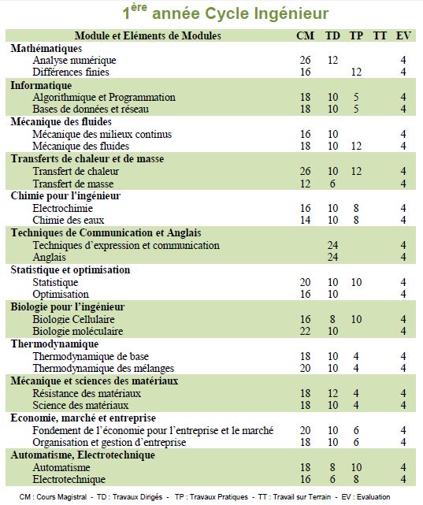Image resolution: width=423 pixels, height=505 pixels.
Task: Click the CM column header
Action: pyautogui.click(x=305, y=35)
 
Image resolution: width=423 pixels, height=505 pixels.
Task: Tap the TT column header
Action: pyautogui.click(x=380, y=35)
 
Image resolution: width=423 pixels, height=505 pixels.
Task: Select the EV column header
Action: pyautogui.click(x=403, y=35)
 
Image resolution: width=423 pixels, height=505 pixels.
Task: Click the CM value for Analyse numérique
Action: pyautogui.click(x=305, y=60)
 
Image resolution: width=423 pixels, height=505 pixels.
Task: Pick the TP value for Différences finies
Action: pyautogui.click(x=356, y=72)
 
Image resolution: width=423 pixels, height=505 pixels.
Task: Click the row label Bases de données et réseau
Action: pyautogui.click(x=91, y=109)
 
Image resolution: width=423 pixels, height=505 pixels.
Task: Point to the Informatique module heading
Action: pyautogui.click(x=41, y=85)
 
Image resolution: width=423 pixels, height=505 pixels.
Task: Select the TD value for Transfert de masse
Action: pyautogui.click(x=332, y=184)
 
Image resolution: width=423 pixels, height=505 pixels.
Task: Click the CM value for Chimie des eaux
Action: pyautogui.click(x=305, y=220)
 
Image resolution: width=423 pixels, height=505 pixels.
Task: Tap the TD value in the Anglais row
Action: pyautogui.click(x=332, y=257)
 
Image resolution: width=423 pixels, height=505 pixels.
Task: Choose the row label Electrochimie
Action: pyautogui.click(x=62, y=208)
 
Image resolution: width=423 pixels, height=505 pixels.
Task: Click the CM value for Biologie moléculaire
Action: pyautogui.click(x=305, y=331)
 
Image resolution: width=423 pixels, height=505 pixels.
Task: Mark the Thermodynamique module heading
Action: pyautogui.click(x=54, y=344)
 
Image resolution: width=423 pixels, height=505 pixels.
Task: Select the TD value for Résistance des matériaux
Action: pyautogui.click(x=332, y=393)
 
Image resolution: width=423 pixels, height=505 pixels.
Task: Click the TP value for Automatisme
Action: pyautogui.click(x=356, y=467)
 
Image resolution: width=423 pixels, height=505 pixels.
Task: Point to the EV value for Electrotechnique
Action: pyautogui.click(x=403, y=479)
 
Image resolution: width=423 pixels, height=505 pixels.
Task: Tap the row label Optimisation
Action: pyautogui.click(x=61, y=294)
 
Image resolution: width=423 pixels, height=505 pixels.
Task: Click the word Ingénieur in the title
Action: pyautogui.click(x=291, y=14)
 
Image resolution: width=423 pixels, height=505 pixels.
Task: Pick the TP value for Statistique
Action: pyautogui.click(x=356, y=282)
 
